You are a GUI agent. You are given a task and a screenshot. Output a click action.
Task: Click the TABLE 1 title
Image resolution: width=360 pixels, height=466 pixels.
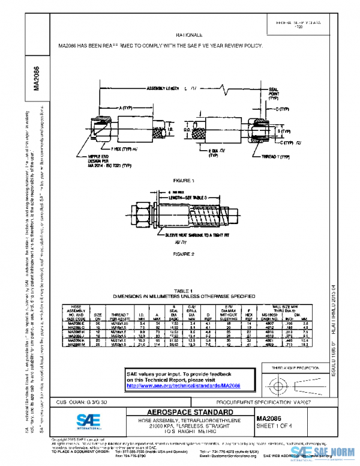pos(184,290)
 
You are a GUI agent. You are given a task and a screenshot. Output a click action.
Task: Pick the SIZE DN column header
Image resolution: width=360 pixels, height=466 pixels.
pos(98,315)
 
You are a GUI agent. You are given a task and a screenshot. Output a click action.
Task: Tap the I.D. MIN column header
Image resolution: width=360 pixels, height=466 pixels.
pos(142,315)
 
